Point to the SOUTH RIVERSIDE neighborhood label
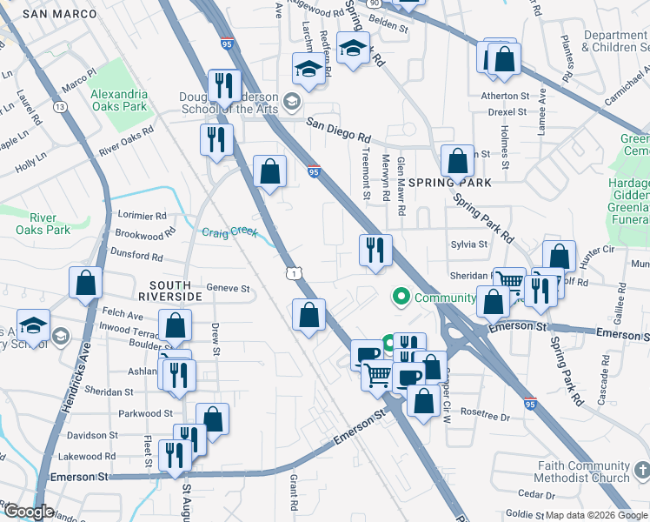point(176,291)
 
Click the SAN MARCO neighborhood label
point(57,14)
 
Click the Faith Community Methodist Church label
point(583,472)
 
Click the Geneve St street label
point(228,289)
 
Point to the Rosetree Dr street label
point(485,416)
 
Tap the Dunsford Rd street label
point(138,257)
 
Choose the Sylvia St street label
point(468,244)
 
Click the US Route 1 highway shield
point(295,273)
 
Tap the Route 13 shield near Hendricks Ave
point(60,106)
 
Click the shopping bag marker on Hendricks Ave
point(86,282)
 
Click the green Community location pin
point(401,298)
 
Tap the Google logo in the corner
point(28,512)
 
